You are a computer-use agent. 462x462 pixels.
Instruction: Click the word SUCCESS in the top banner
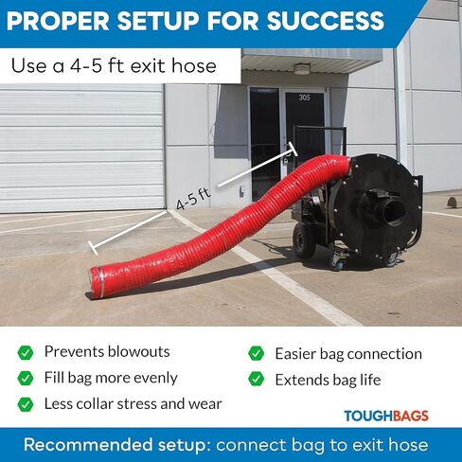(x=326, y=21)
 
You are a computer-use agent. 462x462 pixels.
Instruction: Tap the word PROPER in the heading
(x=58, y=21)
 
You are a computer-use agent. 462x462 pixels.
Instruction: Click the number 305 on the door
(x=304, y=98)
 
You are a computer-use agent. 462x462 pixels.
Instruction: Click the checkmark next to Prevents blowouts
(x=26, y=352)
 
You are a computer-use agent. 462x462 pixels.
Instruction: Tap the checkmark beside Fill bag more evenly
(x=26, y=378)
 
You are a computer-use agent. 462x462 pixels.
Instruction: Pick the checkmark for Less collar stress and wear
(x=26, y=404)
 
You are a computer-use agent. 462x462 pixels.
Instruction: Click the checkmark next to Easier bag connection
(x=257, y=353)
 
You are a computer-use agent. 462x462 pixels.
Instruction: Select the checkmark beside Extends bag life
(x=257, y=379)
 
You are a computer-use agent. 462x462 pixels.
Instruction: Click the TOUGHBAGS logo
(x=386, y=416)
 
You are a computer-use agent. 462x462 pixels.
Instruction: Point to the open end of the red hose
(x=95, y=282)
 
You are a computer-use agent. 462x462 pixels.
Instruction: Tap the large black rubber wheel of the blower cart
(x=304, y=240)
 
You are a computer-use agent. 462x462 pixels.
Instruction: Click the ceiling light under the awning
(x=302, y=68)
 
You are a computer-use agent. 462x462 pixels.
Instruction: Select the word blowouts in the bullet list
(x=138, y=351)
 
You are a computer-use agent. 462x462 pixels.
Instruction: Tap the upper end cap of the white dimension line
(x=292, y=150)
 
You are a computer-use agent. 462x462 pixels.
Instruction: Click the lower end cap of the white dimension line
(x=93, y=248)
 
